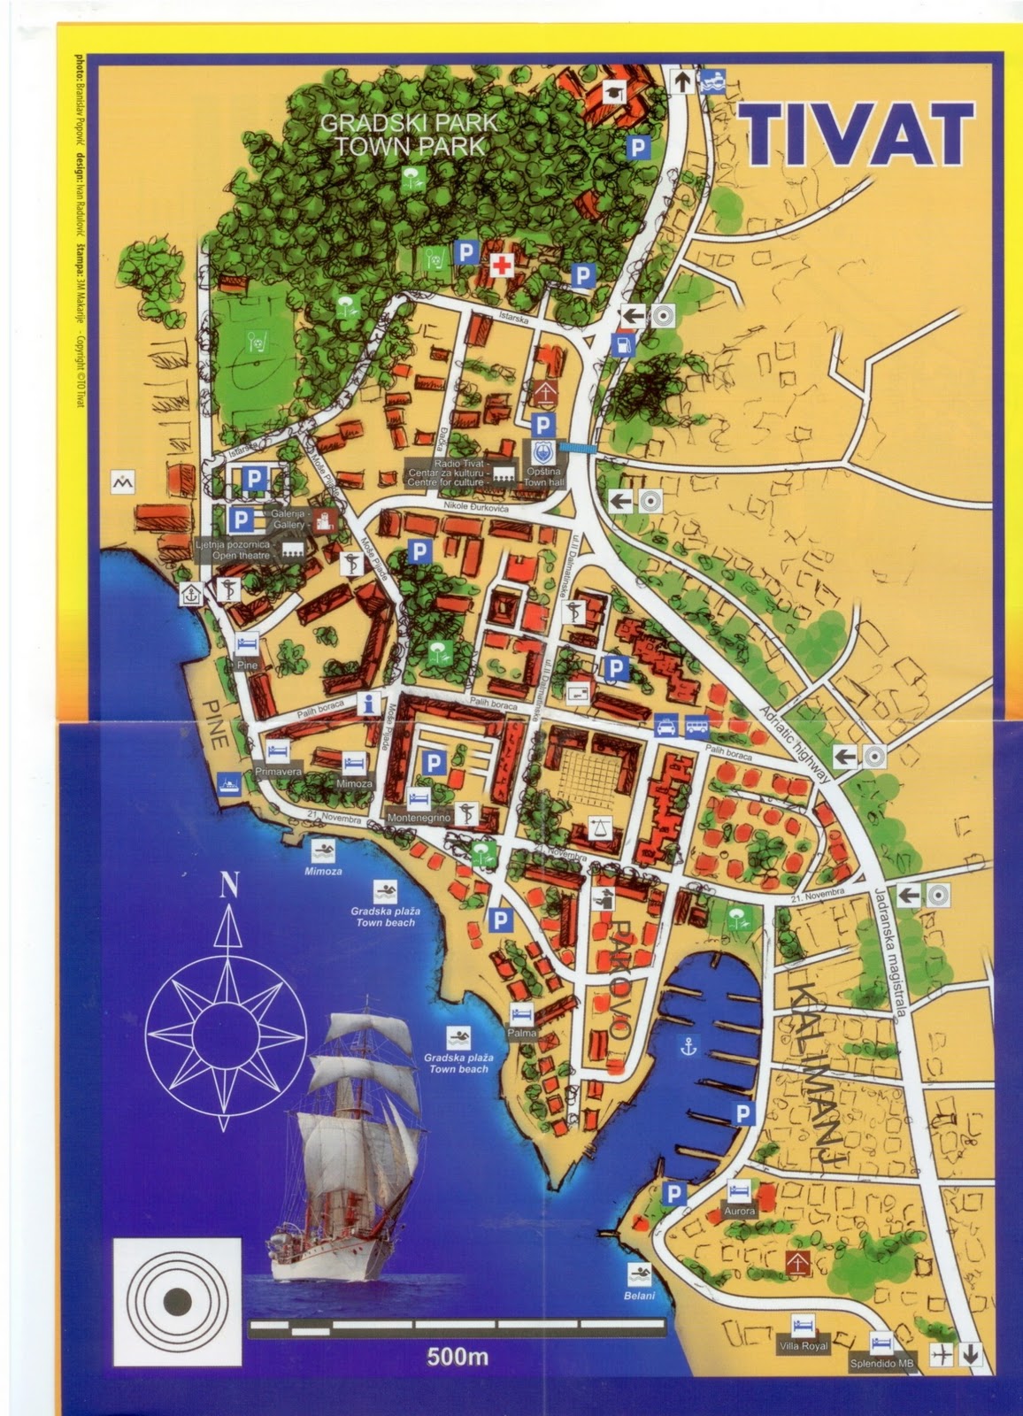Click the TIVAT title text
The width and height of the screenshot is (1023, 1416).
(x=856, y=135)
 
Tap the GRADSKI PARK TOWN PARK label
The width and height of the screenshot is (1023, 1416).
(x=409, y=134)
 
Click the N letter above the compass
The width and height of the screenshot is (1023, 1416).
(x=230, y=884)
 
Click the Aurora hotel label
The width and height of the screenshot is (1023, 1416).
(x=739, y=1210)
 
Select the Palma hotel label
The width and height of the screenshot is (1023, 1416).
(x=522, y=1032)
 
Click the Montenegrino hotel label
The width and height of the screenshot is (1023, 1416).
(x=419, y=819)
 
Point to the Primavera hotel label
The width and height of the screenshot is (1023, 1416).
(x=279, y=772)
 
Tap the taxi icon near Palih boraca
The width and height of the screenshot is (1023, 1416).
(x=665, y=727)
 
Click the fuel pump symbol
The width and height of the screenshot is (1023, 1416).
(x=625, y=342)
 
